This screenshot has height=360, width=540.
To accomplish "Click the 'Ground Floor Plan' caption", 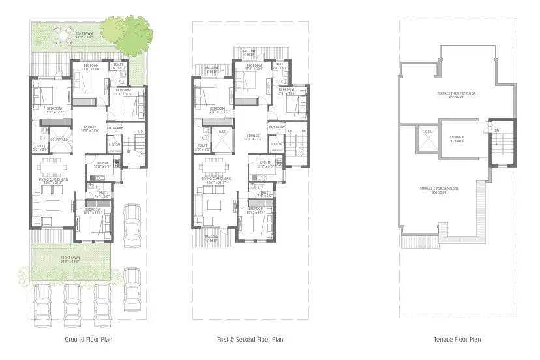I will coord(88,339).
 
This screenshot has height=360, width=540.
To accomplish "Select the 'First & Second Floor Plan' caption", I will coord(250,339).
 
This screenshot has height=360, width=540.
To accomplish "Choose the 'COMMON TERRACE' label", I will coord(457,138).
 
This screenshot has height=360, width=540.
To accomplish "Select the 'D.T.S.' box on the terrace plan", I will coord(428,132).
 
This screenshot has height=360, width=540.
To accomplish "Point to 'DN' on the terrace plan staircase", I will coord(496,131).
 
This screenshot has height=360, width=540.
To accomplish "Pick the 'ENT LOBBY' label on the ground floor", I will coord(115,127).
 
